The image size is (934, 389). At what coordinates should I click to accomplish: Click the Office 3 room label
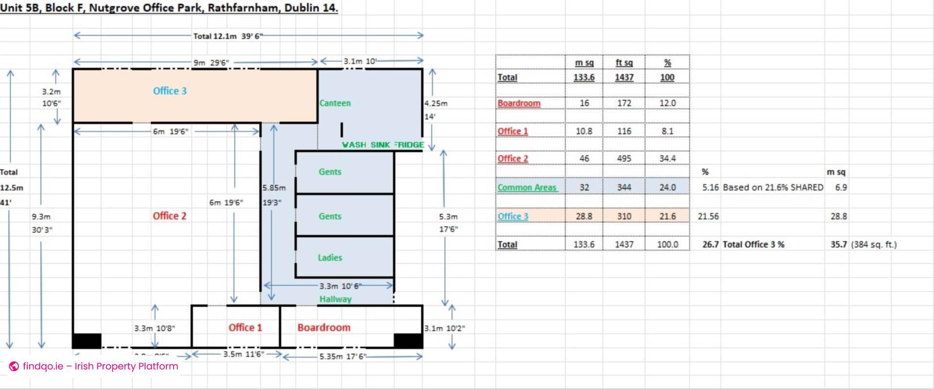169,91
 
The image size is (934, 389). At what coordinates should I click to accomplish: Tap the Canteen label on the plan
335,103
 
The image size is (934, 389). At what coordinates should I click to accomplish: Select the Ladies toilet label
330,258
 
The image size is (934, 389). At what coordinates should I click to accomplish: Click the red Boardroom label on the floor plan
323,328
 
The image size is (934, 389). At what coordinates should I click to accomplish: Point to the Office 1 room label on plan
245,328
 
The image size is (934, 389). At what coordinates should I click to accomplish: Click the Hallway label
335,299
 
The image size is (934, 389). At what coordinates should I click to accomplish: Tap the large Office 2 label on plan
169,216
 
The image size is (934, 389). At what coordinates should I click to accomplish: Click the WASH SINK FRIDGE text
383,145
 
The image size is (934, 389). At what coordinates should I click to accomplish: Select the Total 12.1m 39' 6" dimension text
228,36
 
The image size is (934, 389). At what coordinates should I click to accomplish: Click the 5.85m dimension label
274,188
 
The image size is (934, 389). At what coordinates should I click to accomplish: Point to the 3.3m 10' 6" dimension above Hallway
340,286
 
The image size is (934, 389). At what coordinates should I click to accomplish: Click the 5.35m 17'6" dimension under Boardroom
343,356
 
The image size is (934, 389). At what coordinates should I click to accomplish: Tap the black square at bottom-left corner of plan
87,340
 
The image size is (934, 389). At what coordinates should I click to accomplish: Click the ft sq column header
624,63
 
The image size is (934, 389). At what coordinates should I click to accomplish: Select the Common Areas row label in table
527,188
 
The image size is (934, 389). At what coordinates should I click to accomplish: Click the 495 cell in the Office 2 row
624,159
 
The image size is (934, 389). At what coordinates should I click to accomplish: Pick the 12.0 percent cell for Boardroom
667,103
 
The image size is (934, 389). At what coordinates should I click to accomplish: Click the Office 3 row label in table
513,216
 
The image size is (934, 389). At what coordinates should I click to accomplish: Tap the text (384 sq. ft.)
873,245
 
